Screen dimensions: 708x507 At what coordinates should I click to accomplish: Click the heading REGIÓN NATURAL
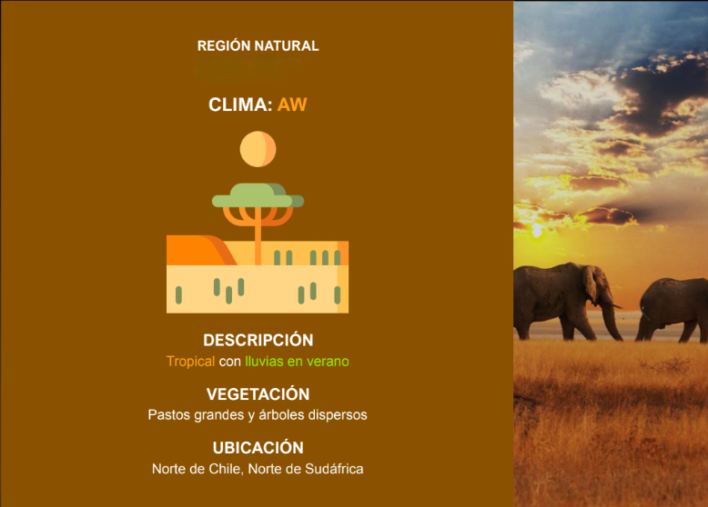[x=258, y=46]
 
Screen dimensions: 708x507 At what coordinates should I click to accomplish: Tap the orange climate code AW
[x=292, y=104]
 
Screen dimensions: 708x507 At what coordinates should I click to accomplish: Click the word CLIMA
[x=240, y=104]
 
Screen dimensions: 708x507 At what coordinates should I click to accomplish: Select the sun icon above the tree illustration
[x=258, y=149]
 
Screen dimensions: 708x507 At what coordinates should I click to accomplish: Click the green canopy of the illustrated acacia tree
[x=258, y=195]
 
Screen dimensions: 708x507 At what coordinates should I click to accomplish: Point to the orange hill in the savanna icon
[x=198, y=250]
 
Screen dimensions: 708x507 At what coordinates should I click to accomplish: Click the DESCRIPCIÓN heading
[x=258, y=340]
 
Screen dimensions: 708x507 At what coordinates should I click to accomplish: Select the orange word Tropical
[x=190, y=362]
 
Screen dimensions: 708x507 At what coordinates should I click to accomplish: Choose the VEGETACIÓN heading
[x=258, y=394]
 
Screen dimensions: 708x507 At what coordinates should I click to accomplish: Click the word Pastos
[x=169, y=414]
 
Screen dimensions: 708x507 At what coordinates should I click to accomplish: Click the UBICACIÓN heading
[x=258, y=448]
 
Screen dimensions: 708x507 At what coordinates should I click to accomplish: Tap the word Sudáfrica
[x=334, y=469]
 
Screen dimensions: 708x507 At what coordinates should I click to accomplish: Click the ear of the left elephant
[x=591, y=283]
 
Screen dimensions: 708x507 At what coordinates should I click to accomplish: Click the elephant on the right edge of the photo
[x=672, y=310]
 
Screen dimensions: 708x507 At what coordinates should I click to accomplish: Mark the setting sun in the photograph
[x=537, y=231]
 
